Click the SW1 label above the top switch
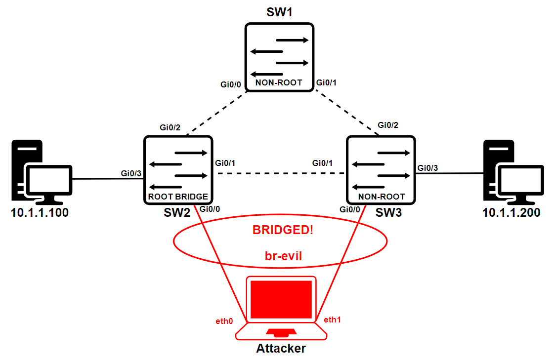279,12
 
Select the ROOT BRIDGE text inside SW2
178,196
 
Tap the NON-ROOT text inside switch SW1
279,83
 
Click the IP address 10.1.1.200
511,213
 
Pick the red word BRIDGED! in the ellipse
283,230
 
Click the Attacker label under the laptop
281,349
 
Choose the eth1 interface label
333,320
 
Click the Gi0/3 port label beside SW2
131,173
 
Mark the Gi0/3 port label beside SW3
428,168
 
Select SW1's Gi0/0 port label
231,85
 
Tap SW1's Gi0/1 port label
326,82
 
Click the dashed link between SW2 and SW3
279,173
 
